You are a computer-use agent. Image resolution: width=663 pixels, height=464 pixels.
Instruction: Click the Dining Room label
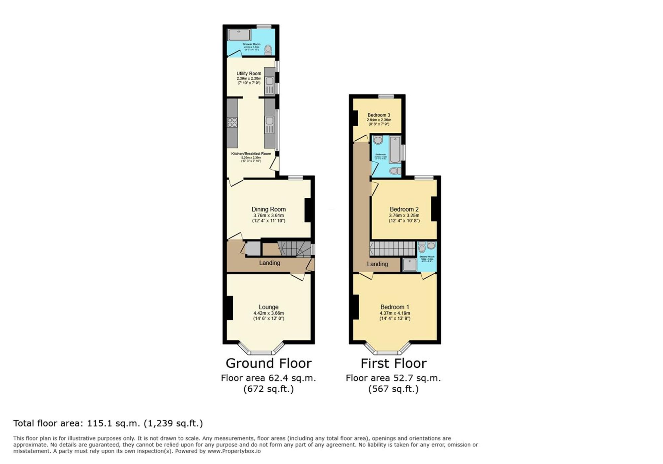pos(269,209)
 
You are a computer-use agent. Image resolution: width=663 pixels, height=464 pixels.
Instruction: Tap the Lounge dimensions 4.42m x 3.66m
pos(269,313)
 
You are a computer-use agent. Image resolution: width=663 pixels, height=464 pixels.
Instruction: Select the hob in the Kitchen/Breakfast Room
pos(232,122)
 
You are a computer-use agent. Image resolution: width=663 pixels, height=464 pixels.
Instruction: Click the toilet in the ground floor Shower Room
pos(268,50)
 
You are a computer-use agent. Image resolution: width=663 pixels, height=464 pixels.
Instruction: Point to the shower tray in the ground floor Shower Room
pos(239,35)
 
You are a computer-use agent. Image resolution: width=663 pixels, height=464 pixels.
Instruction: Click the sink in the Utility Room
pos(270,81)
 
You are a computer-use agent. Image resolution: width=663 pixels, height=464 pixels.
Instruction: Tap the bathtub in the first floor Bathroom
pos(395,150)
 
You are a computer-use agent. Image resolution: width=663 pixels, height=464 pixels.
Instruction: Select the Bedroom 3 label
pos(379,115)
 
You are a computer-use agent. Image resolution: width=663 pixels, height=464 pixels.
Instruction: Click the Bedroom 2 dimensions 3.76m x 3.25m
pos(404,215)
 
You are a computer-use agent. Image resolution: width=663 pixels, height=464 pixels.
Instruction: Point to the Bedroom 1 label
pos(394,307)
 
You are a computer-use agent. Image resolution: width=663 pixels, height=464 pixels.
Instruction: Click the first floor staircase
pos(392,248)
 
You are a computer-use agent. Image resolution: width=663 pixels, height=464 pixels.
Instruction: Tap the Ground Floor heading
pos(269,364)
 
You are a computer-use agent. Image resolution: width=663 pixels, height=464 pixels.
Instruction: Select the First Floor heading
pos(393,364)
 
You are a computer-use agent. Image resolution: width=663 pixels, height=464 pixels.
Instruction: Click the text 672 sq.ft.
pos(269,389)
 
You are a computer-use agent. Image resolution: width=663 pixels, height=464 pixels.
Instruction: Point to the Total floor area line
pos(108,424)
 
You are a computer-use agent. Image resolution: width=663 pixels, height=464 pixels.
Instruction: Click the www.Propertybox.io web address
pos(234,451)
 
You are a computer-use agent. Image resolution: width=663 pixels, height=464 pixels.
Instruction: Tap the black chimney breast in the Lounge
pos(229,308)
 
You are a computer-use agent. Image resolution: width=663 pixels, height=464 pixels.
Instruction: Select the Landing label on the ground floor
pos(270,263)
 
